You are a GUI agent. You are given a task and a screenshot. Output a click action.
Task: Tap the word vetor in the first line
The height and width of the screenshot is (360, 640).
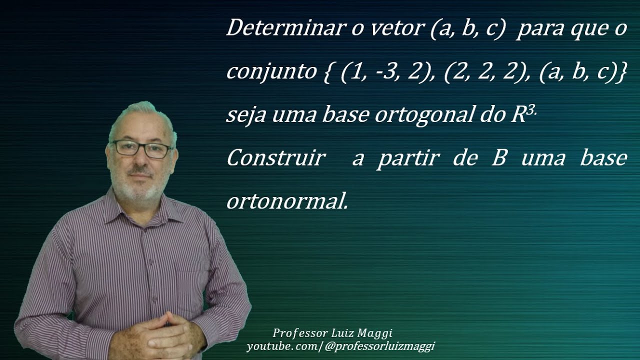[396, 28]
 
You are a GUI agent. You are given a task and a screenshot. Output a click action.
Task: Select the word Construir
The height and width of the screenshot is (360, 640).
[275, 158]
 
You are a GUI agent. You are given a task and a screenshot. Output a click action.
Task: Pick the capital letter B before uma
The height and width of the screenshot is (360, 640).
[498, 158]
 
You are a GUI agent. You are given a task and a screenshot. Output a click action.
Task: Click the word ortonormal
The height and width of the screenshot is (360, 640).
[286, 201]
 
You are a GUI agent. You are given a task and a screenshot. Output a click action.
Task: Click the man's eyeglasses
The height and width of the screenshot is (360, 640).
[141, 148]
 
